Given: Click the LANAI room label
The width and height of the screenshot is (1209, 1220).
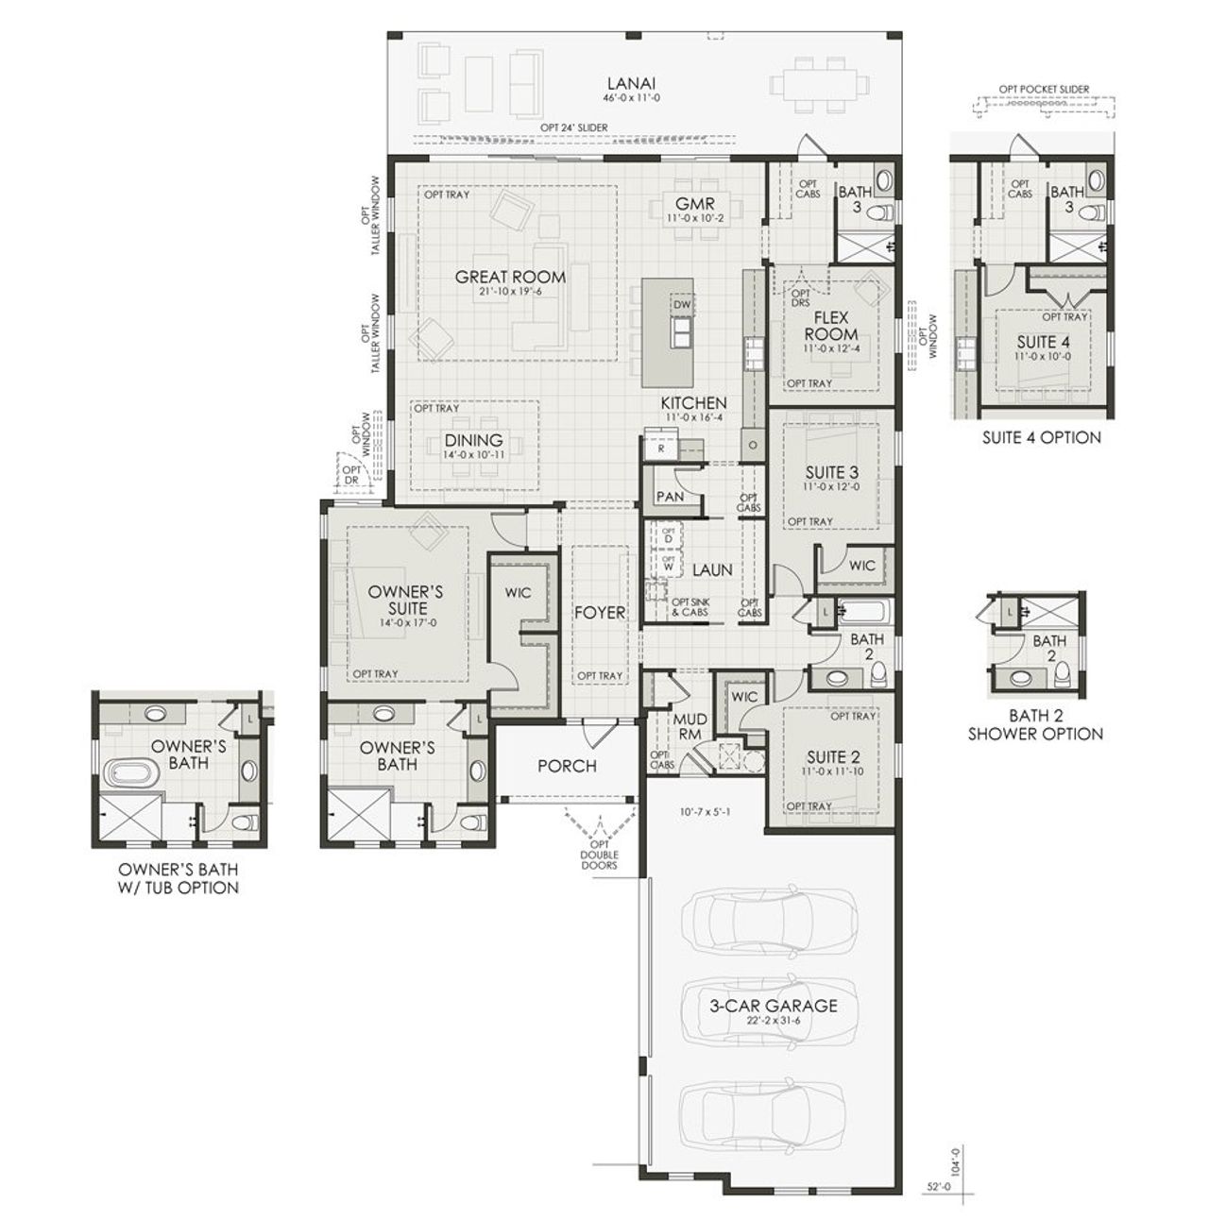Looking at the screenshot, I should tap(624, 83).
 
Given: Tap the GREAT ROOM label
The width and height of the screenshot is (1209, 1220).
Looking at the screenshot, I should tap(510, 277).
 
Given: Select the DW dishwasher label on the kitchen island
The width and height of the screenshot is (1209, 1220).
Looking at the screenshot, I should tap(681, 305).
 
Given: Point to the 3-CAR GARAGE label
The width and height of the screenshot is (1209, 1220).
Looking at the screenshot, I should tap(773, 1006).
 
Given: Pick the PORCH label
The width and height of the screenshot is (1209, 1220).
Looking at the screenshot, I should tap(567, 766).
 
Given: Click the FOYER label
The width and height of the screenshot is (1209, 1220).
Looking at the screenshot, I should tap(600, 612).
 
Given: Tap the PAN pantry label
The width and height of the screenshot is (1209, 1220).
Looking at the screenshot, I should tap(670, 497).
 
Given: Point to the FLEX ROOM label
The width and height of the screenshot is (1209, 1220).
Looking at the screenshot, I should tap(831, 326).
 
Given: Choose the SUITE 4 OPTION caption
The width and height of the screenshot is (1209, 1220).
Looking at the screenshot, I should tap(1041, 437).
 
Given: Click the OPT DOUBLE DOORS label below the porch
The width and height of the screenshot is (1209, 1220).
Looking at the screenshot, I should tap(599, 853).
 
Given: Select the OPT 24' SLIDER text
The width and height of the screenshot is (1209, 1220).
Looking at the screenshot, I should tap(573, 127).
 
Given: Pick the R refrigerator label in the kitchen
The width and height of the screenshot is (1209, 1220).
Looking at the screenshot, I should tap(662, 449).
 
